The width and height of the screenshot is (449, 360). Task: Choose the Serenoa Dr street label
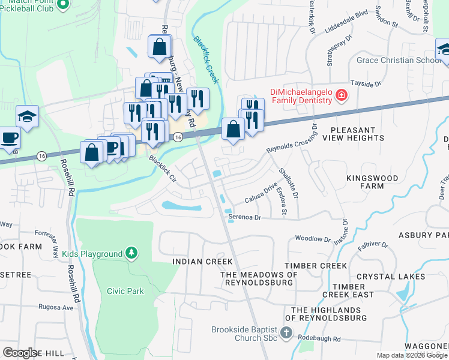click(x=245, y=217)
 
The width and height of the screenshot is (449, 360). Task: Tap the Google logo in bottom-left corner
click(x=20, y=353)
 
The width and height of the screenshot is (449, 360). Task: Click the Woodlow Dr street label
click(x=313, y=238)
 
